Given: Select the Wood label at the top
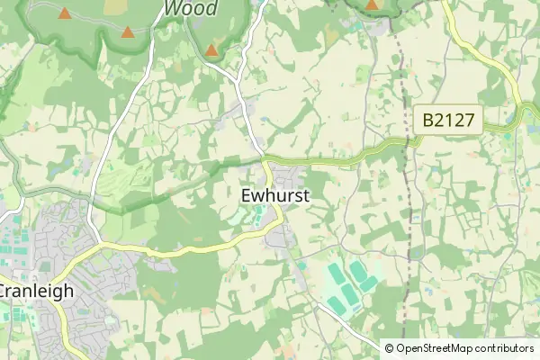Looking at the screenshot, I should point(190,8).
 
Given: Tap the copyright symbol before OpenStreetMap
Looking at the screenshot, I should point(391,347).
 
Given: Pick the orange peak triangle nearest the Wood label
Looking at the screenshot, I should point(211,50).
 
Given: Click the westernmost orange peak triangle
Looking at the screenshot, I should point(65,13).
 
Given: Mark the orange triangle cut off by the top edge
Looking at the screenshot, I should point(372,4).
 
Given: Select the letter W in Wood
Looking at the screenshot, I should point(172,8).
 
